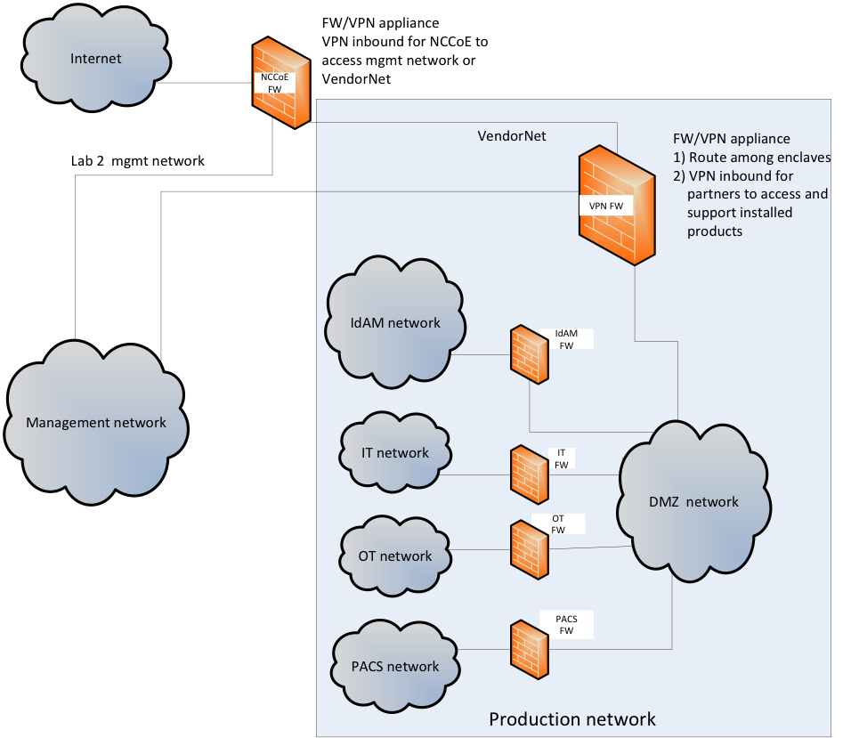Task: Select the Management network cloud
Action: tap(96, 423)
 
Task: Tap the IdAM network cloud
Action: tap(395, 323)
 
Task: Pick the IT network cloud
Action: tap(395, 453)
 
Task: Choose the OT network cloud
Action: tap(395, 556)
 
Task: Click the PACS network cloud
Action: tap(395, 667)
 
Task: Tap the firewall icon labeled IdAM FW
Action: tap(530, 354)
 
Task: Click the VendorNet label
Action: tap(512, 136)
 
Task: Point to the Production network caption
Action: tap(572, 718)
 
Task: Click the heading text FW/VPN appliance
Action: tap(732, 140)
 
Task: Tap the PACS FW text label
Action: tap(566, 623)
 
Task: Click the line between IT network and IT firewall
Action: tap(477, 475)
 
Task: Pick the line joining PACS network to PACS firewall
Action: tap(485, 650)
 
